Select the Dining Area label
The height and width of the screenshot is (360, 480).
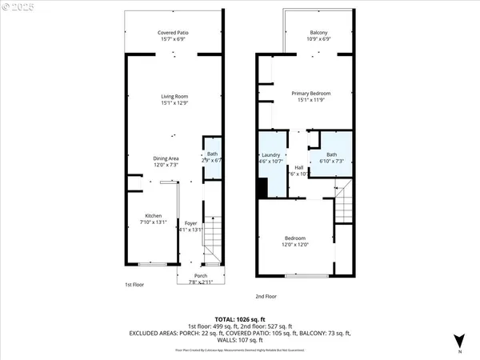click(x=166, y=162)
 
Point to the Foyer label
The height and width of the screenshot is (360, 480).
click(x=190, y=226)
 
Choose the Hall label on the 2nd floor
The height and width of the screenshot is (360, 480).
click(x=298, y=170)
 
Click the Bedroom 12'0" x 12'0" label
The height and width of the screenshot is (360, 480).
click(x=295, y=242)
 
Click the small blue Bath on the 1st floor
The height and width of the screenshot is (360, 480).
click(x=212, y=157)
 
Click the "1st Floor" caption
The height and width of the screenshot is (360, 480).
click(x=134, y=285)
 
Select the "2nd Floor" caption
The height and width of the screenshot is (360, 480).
click(x=266, y=296)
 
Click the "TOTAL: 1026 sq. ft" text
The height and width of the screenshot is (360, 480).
click(x=240, y=319)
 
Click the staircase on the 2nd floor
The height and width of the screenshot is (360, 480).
click(x=342, y=204)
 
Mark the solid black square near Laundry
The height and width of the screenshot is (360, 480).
click(x=262, y=189)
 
